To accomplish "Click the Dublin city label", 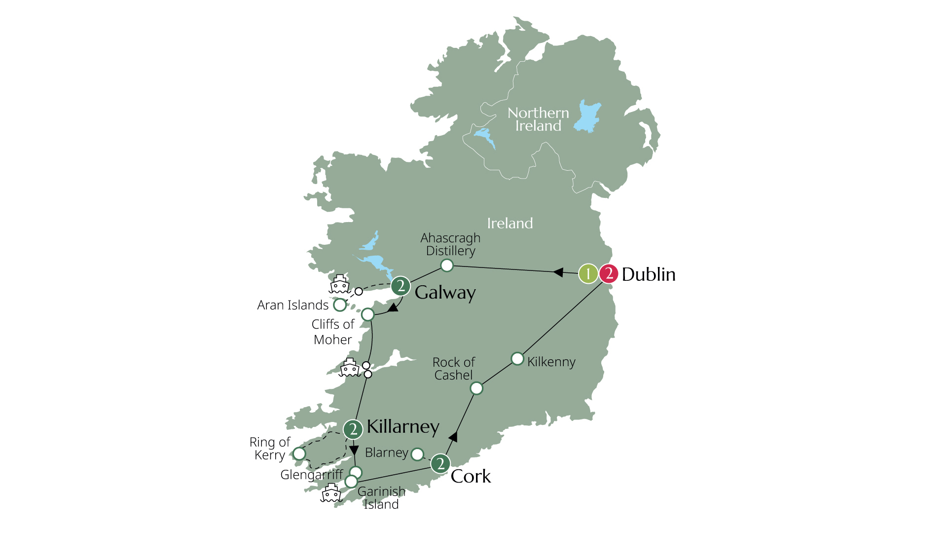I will [x=648, y=274].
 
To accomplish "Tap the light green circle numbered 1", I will [x=588, y=273].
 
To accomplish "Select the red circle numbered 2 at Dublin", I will [x=609, y=273].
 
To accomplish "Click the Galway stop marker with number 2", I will [x=401, y=286].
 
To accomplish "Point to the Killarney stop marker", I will [x=353, y=429].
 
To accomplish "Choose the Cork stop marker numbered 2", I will [x=440, y=463].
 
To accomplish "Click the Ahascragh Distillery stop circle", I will [x=446, y=266].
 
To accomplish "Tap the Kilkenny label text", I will [x=551, y=362].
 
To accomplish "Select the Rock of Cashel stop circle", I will [x=476, y=388].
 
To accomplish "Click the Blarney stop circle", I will [x=417, y=454].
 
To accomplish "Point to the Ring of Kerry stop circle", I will [x=299, y=454].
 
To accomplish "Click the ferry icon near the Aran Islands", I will [x=339, y=284].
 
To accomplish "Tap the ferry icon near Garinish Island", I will [x=331, y=493].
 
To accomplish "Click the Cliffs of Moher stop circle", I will [x=368, y=314].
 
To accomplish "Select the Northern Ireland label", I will [x=538, y=119].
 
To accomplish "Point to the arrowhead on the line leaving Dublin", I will [x=558, y=272].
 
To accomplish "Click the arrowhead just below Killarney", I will [x=354, y=450].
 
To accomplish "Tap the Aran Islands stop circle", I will [x=340, y=305].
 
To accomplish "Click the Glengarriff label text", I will [x=312, y=475].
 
